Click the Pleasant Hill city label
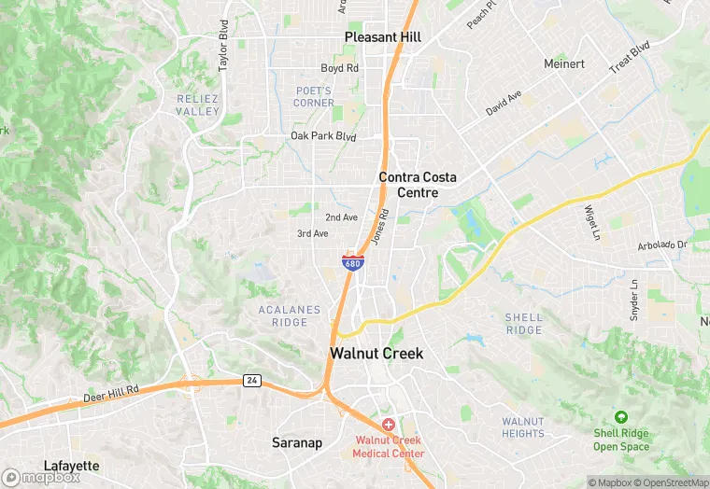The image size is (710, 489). [382, 37]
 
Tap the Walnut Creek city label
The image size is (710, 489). [376, 354]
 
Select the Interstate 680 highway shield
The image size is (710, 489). [352, 262]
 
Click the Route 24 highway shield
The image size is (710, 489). [251, 380]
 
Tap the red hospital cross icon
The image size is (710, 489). [388, 425]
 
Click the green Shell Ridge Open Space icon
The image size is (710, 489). [621, 417]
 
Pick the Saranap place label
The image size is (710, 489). [297, 442]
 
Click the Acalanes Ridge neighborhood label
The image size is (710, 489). [290, 316]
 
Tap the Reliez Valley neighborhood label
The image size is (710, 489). [197, 105]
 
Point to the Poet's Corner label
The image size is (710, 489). [314, 96]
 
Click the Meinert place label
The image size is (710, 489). [565, 63]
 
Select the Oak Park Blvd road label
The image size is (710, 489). [323, 136]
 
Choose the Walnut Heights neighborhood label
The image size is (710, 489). [522, 427]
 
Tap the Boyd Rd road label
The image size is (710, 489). [339, 68]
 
